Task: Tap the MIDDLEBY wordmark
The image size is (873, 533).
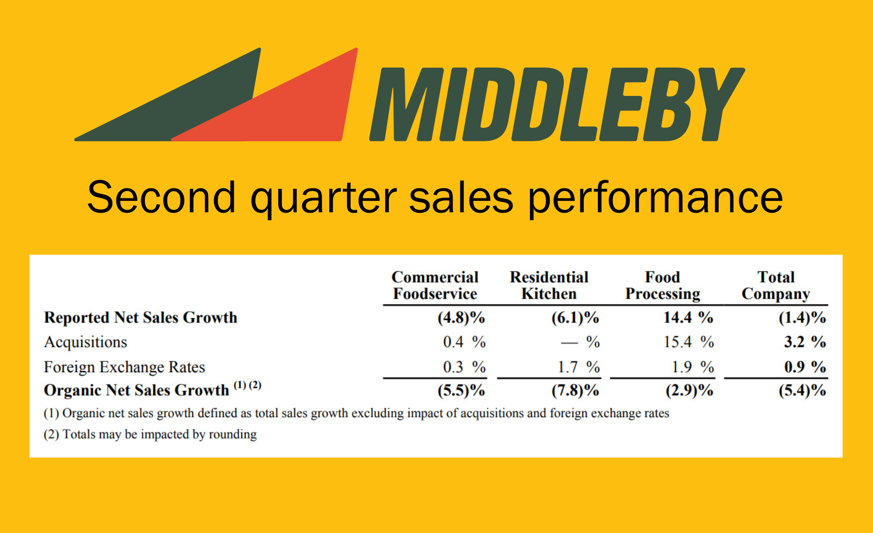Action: (557, 104)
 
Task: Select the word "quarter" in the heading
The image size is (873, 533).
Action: (324, 198)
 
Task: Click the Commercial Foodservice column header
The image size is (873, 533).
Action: (435, 285)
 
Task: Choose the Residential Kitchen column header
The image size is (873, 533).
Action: (549, 285)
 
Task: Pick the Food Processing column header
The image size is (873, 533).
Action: (663, 286)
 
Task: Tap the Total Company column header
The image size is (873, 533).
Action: (776, 286)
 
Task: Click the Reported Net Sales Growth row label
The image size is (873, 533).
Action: (141, 318)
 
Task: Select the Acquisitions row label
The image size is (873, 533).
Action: (85, 342)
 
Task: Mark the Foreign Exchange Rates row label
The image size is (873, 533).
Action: (124, 367)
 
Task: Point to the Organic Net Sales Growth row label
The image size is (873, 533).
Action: (153, 390)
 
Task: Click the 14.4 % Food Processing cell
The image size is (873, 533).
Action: (688, 318)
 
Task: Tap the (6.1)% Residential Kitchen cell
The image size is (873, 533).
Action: (575, 318)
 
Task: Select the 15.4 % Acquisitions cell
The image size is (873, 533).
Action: (689, 342)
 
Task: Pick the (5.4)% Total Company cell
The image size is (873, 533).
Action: (803, 390)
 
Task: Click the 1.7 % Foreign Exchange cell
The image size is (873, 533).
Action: (579, 367)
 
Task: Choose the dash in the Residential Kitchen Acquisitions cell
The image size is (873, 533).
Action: (569, 343)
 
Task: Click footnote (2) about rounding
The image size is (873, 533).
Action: (150, 435)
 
